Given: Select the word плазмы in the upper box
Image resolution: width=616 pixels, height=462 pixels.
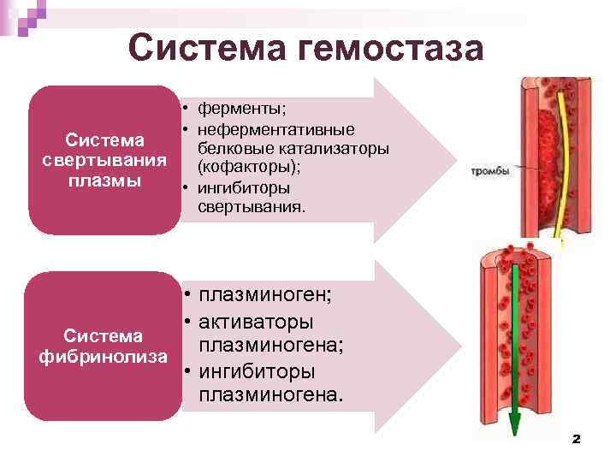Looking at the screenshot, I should coord(103,181).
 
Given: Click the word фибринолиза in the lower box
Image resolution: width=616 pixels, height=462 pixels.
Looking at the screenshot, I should coord(103,354).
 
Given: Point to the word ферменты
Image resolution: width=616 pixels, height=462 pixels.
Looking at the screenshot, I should coord(241,110).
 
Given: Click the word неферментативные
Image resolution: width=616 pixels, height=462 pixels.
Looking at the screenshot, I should coord(275,130).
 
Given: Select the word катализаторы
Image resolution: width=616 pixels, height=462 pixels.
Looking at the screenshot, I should coord(336,149).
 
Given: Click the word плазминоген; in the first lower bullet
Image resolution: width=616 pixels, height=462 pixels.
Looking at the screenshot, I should coord(265,295).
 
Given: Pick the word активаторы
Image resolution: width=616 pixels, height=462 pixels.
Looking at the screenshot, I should coord(255,322).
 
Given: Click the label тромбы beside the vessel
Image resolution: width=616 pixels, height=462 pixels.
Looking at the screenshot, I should coord(490,171).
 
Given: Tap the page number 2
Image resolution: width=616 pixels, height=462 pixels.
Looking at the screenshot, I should coord(576,438).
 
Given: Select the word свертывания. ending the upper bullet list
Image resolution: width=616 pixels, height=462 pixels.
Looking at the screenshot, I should coord(251,206).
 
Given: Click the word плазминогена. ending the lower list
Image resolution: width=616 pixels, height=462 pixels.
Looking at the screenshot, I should coord(271,396).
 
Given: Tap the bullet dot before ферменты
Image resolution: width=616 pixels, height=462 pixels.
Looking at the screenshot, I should coord(184,110).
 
